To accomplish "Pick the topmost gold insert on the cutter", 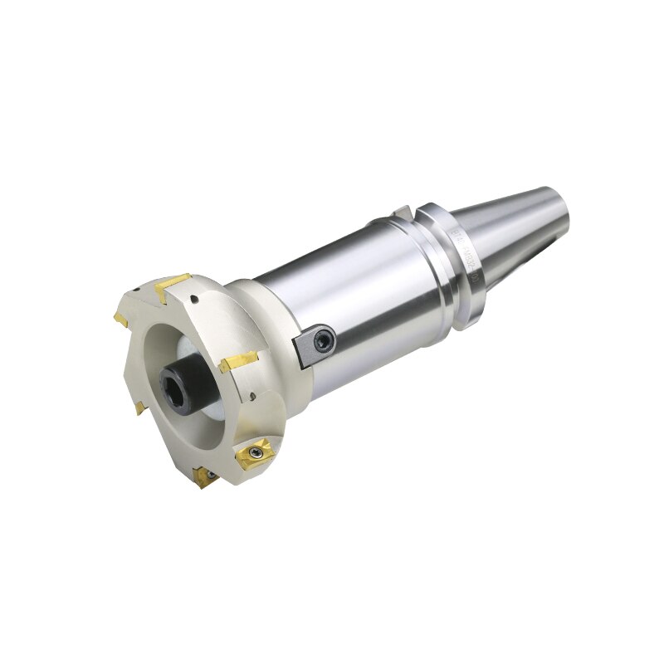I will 174,286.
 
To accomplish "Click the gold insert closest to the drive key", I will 239,362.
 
